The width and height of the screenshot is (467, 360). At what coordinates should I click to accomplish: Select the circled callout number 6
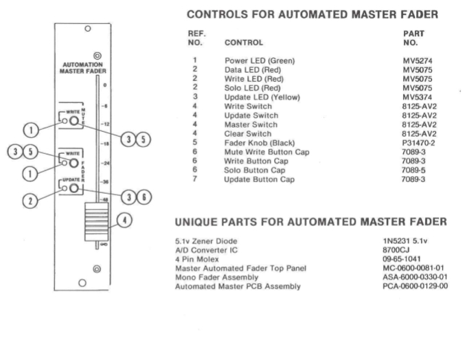(x=144, y=196)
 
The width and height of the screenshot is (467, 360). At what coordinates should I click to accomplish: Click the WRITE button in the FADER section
(x=72, y=163)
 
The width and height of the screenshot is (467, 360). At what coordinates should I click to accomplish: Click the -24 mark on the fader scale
(x=104, y=164)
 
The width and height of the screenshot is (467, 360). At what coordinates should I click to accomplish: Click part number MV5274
(x=418, y=60)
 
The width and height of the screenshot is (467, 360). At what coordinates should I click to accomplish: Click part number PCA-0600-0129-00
(x=418, y=286)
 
